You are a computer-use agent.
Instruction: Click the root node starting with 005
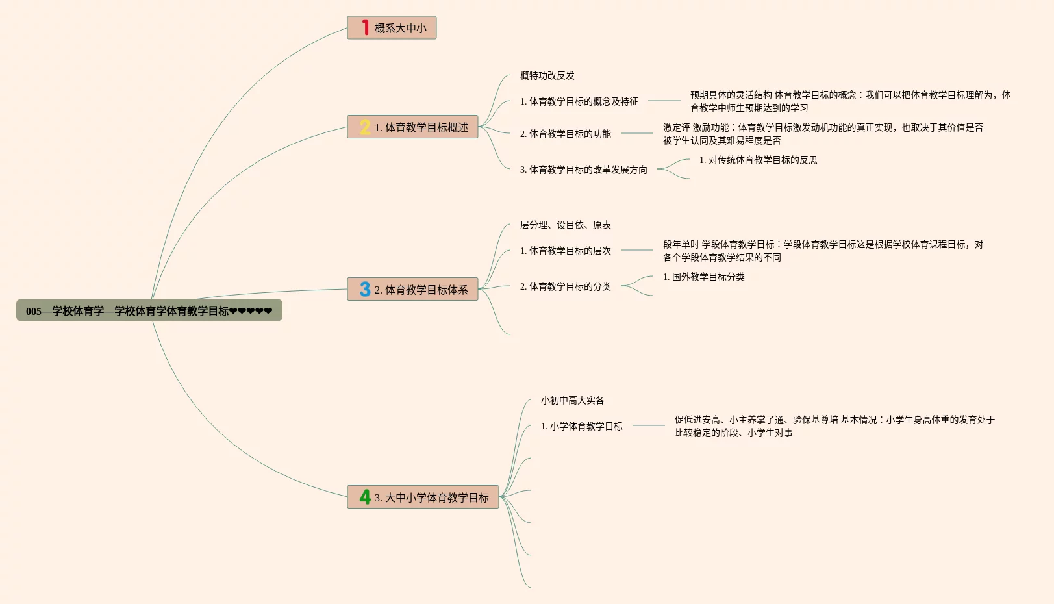149,311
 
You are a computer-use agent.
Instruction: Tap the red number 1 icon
366,28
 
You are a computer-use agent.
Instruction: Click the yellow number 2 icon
365,127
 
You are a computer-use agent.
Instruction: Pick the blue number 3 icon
365,290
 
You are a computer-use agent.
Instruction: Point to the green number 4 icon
365,497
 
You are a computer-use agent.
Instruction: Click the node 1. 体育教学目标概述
421,127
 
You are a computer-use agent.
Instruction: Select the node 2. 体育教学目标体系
421,290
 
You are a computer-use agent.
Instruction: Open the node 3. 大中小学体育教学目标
431,497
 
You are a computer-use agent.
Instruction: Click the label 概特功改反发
547,75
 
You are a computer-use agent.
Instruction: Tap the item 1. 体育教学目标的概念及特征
579,101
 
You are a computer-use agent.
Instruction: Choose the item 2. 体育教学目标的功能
565,134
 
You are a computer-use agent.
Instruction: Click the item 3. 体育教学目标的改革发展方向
583,170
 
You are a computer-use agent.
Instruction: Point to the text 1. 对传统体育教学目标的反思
758,160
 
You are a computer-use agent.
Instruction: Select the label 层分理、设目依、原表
565,225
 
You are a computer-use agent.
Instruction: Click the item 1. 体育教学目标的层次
565,251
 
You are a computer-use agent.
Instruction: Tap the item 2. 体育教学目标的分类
565,286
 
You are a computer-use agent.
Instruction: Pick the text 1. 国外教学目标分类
703,277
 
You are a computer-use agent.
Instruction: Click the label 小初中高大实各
572,400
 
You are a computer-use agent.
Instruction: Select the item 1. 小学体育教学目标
581,426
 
